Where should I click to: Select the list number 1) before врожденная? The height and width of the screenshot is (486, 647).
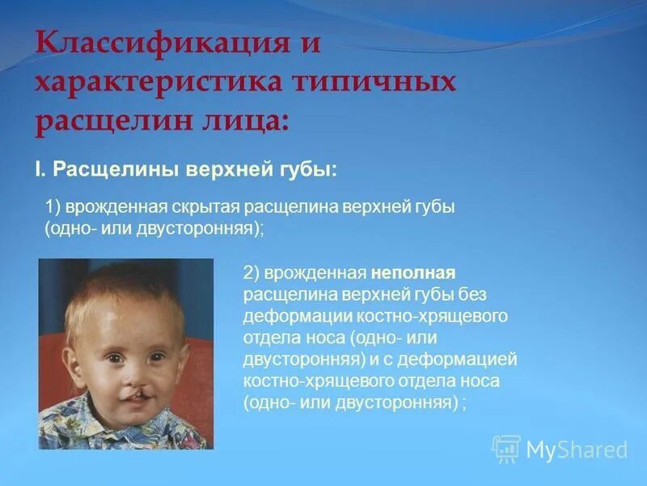(x=53, y=207)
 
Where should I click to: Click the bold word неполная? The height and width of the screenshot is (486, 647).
(x=415, y=272)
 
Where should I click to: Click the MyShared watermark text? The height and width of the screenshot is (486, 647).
(x=577, y=450)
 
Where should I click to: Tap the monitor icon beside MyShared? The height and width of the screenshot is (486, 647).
(x=506, y=449)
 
